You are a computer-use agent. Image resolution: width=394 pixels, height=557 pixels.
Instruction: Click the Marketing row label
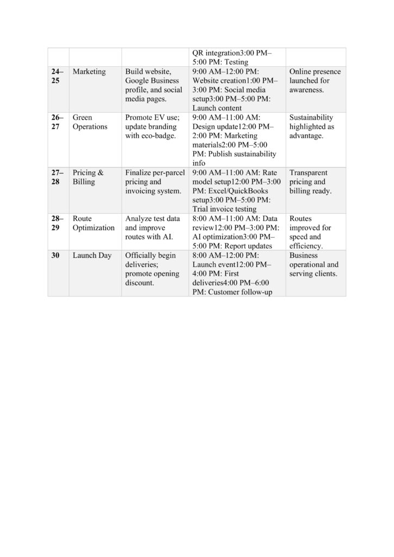click(89, 72)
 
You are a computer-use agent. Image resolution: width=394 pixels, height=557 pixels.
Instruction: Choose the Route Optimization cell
click(93, 223)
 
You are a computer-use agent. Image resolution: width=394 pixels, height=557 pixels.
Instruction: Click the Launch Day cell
click(91, 255)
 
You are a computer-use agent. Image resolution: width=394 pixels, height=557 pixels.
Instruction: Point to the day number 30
click(56, 255)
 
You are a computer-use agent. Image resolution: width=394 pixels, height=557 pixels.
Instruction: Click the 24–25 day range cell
click(57, 76)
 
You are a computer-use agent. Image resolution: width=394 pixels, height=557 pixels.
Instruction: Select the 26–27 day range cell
click(57, 122)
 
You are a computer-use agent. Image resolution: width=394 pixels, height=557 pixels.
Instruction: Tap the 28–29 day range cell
click(57, 223)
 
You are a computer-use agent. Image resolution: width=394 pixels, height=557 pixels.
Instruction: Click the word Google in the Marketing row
click(138, 81)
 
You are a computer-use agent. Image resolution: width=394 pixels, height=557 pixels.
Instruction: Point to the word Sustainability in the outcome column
click(311, 117)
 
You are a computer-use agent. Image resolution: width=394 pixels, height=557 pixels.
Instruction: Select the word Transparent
click(309, 173)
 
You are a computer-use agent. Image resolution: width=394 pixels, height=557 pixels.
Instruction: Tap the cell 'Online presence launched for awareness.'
click(315, 81)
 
